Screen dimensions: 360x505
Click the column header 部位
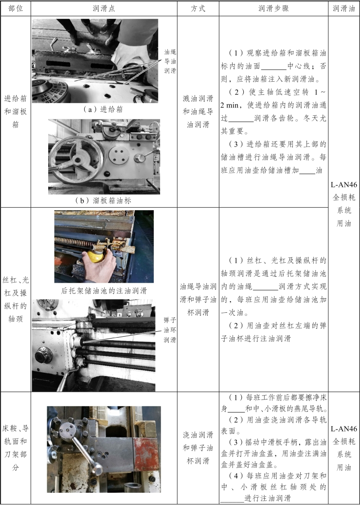(16, 8)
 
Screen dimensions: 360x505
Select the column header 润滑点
(104, 8)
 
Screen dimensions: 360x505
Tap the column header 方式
(198, 8)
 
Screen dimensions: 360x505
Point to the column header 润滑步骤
(273, 8)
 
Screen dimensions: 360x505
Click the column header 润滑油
(343, 8)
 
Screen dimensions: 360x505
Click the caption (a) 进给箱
(103, 109)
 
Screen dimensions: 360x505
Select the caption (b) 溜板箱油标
(103, 200)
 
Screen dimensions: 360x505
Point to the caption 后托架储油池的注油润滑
(104, 291)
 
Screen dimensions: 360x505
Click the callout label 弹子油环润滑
(170, 330)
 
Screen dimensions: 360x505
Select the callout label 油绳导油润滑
(170, 61)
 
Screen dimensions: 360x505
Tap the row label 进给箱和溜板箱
(16, 111)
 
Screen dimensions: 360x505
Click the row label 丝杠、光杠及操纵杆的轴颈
(16, 300)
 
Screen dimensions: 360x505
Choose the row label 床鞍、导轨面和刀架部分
(16, 448)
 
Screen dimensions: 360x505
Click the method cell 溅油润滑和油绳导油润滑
(198, 111)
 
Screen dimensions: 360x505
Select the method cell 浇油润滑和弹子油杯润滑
(198, 448)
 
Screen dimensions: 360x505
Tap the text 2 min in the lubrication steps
(230, 105)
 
